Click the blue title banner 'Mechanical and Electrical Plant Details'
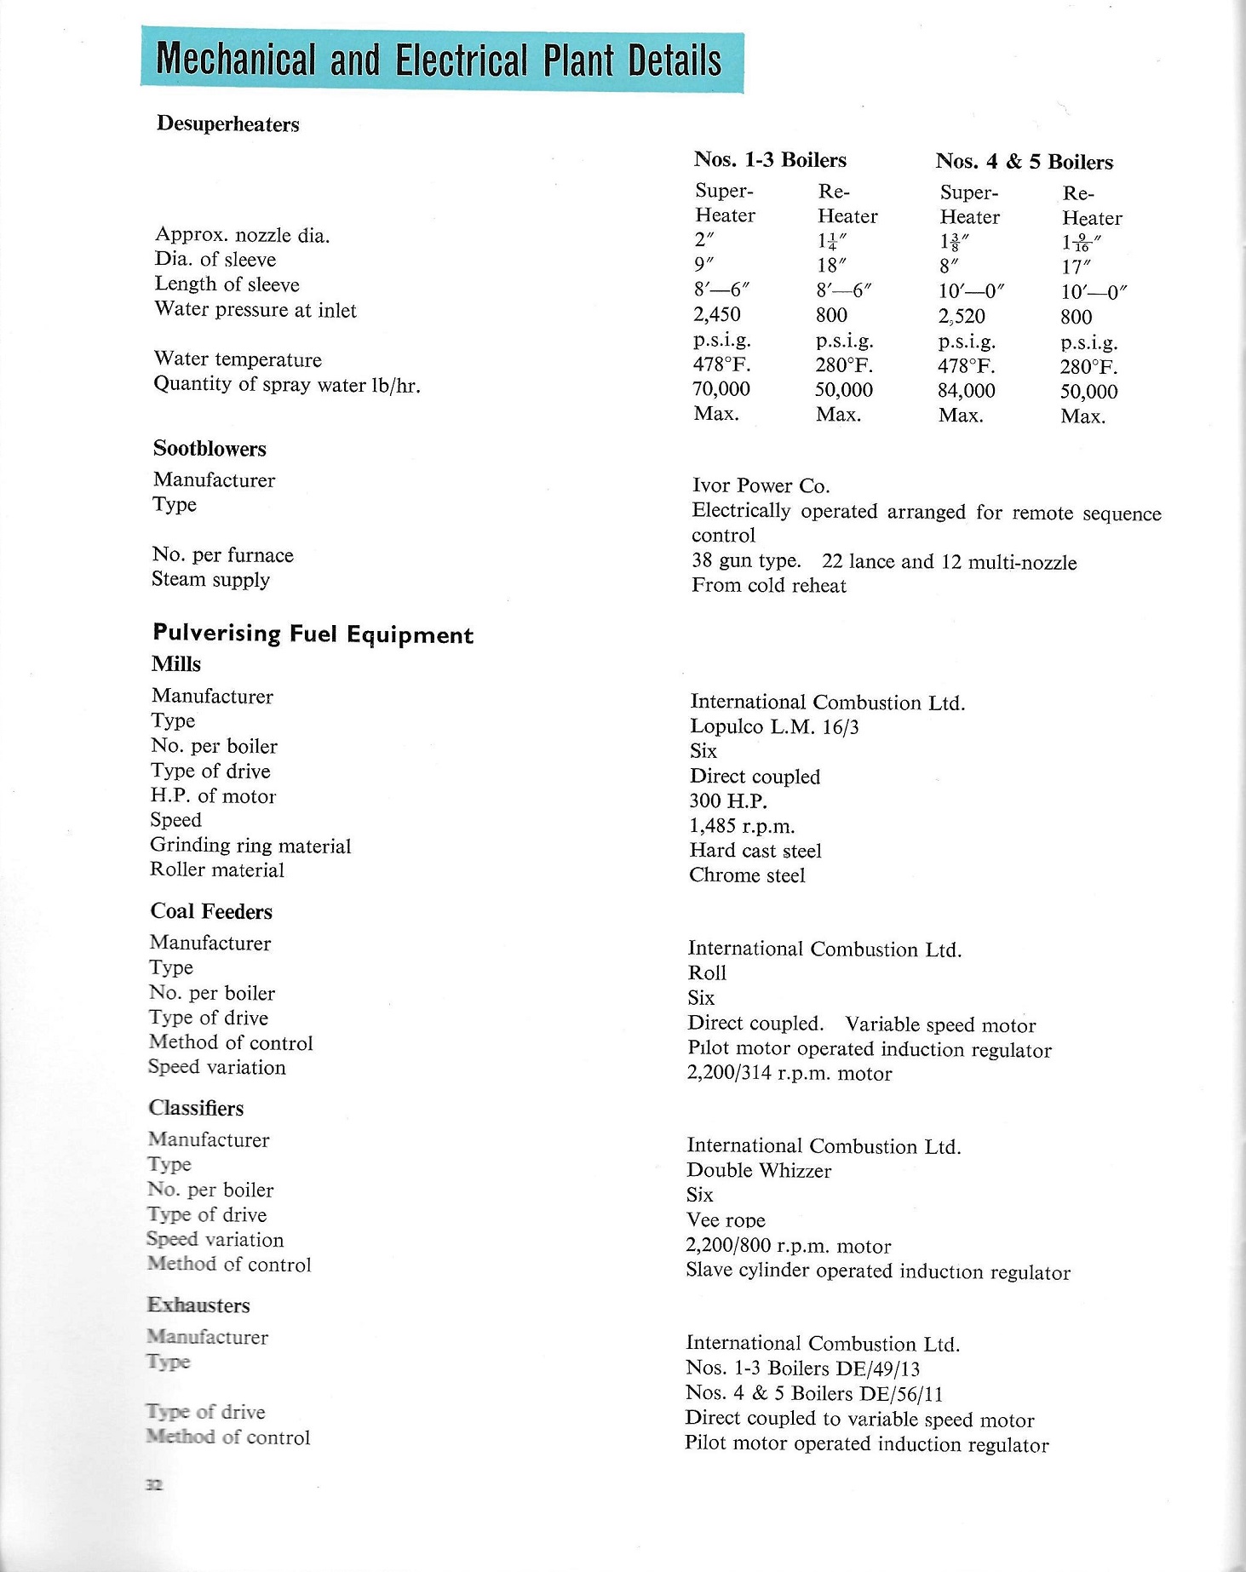[x=441, y=61]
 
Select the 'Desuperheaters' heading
[x=227, y=124]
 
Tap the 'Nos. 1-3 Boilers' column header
[x=770, y=160]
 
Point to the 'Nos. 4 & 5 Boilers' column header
[x=1024, y=162]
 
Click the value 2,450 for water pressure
[x=717, y=315]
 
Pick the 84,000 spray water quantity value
[x=967, y=391]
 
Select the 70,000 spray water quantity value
[x=721, y=389]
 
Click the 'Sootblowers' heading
[x=210, y=449]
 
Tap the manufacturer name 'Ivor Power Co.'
[x=761, y=486]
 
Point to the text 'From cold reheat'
[x=769, y=586]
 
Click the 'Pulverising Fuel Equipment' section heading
[x=313, y=634]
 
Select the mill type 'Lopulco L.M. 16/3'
[x=774, y=727]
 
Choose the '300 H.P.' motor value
[x=728, y=801]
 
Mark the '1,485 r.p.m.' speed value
[x=742, y=826]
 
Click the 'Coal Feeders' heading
[x=211, y=912]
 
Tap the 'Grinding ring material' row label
[x=250, y=846]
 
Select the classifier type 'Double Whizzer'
[x=759, y=1171]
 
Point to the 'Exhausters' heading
[x=198, y=1305]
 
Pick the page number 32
[x=154, y=1485]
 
